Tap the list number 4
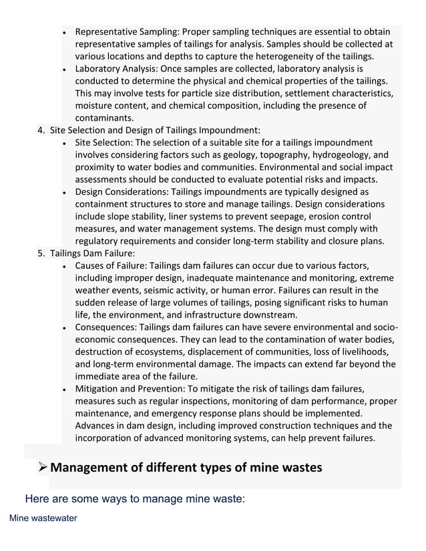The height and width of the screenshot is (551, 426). pos(41,130)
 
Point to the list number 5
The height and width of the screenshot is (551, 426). pos(41,253)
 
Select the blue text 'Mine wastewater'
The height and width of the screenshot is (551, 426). pos(43,518)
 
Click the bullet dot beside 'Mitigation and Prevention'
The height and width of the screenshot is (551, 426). pos(63,390)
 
